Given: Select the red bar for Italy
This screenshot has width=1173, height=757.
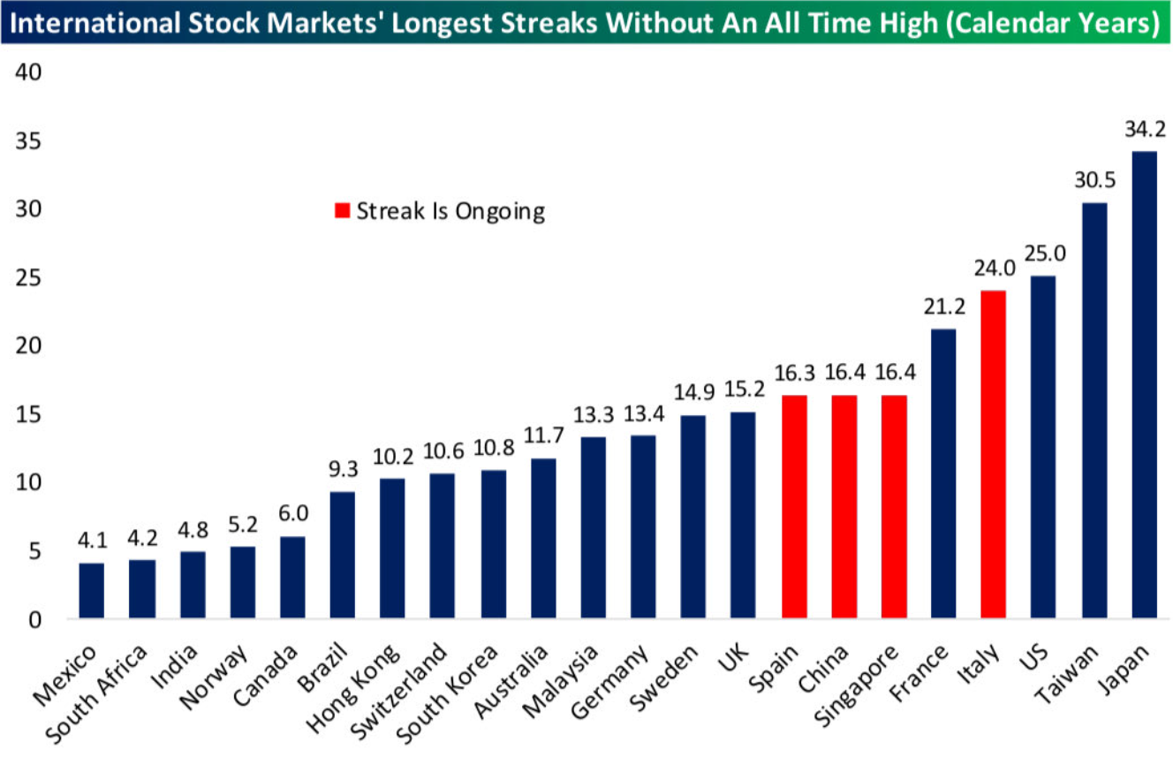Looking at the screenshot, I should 993,454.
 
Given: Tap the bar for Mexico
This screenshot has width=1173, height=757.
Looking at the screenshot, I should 91,591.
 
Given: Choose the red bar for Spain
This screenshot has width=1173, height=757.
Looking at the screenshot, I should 794,507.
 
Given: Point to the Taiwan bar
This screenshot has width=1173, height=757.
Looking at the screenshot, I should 1094,411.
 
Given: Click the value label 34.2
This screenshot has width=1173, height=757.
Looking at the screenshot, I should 1145,130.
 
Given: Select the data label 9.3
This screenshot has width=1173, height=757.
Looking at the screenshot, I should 342,471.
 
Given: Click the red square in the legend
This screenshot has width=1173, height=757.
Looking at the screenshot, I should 342,211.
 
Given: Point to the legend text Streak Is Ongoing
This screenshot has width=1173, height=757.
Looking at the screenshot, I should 450,211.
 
